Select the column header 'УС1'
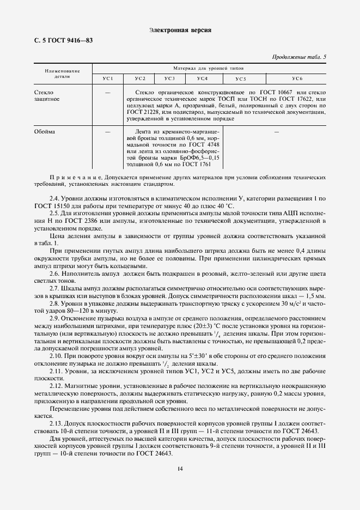[108, 80]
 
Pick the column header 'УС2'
[140, 80]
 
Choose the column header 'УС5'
[241, 80]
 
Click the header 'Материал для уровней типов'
[209, 69]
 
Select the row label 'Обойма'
[44, 132]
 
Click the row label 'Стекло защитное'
[47, 96]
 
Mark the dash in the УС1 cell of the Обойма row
[108, 132]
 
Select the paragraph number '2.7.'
[56, 287]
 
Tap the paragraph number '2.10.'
[57, 355]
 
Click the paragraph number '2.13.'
[57, 423]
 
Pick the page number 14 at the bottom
[180, 468]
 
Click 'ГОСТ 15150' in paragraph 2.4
[51, 206]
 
